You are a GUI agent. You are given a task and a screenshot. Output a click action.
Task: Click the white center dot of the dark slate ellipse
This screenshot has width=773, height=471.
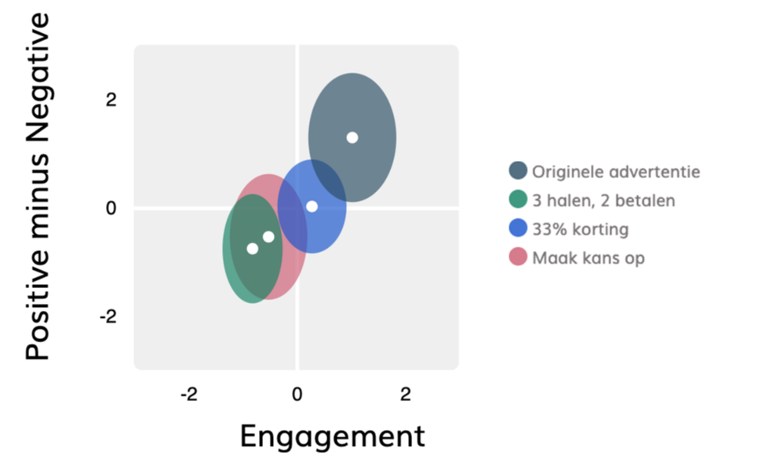(x=352, y=137)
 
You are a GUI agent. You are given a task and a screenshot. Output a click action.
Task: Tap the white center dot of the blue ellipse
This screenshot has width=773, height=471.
(x=312, y=206)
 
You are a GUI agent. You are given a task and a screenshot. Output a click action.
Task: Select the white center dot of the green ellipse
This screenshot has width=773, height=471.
(x=253, y=249)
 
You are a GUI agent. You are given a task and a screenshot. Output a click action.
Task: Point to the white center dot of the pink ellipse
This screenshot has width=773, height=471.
(x=268, y=236)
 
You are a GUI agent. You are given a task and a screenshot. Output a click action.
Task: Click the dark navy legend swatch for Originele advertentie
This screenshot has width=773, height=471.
(x=518, y=171)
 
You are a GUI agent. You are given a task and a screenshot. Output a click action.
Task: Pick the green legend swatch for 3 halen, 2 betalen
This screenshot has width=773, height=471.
(x=518, y=199)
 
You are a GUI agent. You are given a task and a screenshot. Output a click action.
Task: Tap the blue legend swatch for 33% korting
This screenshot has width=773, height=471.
(x=518, y=228)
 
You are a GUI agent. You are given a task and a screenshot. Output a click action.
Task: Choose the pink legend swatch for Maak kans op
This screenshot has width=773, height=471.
(x=518, y=257)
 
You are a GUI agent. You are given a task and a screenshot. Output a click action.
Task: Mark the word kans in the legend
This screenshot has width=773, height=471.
(x=596, y=257)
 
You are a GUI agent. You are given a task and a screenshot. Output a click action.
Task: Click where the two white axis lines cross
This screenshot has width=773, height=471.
(x=297, y=208)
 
